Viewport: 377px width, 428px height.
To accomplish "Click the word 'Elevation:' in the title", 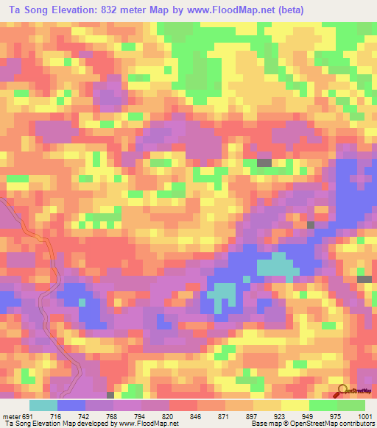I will point(72,10).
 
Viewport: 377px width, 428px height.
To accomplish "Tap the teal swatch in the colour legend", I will point(43,406).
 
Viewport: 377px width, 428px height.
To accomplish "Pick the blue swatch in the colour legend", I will point(71,406).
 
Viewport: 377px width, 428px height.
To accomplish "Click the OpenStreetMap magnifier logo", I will point(342,390).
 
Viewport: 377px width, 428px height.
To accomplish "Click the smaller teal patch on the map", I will point(220,297).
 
